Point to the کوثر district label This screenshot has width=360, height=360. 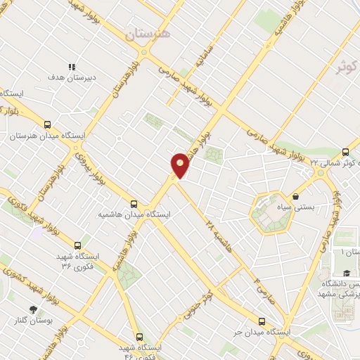click(x=347, y=67)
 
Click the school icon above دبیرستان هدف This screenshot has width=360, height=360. click(x=71, y=66)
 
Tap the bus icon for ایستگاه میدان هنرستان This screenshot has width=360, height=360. click(x=47, y=122)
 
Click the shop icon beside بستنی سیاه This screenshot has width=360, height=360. click(x=296, y=196)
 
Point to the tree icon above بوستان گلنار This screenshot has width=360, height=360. click(x=32, y=309)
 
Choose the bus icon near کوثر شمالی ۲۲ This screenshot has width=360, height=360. click(x=345, y=152)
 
